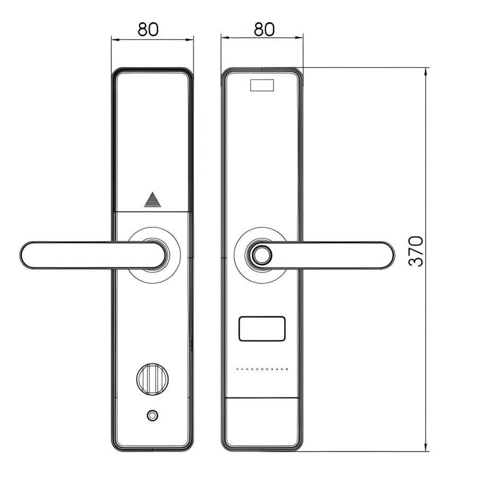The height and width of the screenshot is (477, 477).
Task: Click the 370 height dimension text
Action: tap(417, 251)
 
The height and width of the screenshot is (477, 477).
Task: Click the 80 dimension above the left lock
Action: tap(148, 29)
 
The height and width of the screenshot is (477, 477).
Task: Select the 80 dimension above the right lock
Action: tap(264, 29)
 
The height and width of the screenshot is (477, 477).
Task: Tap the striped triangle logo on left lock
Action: tap(152, 200)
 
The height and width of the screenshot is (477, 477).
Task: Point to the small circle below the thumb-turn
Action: tap(153, 416)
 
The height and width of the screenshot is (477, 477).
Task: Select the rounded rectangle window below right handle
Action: tap(262, 329)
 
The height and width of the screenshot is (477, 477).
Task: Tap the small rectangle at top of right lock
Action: tap(262, 85)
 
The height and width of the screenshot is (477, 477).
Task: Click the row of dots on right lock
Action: tap(262, 369)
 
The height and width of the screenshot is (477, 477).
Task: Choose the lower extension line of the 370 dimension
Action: tap(366, 452)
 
